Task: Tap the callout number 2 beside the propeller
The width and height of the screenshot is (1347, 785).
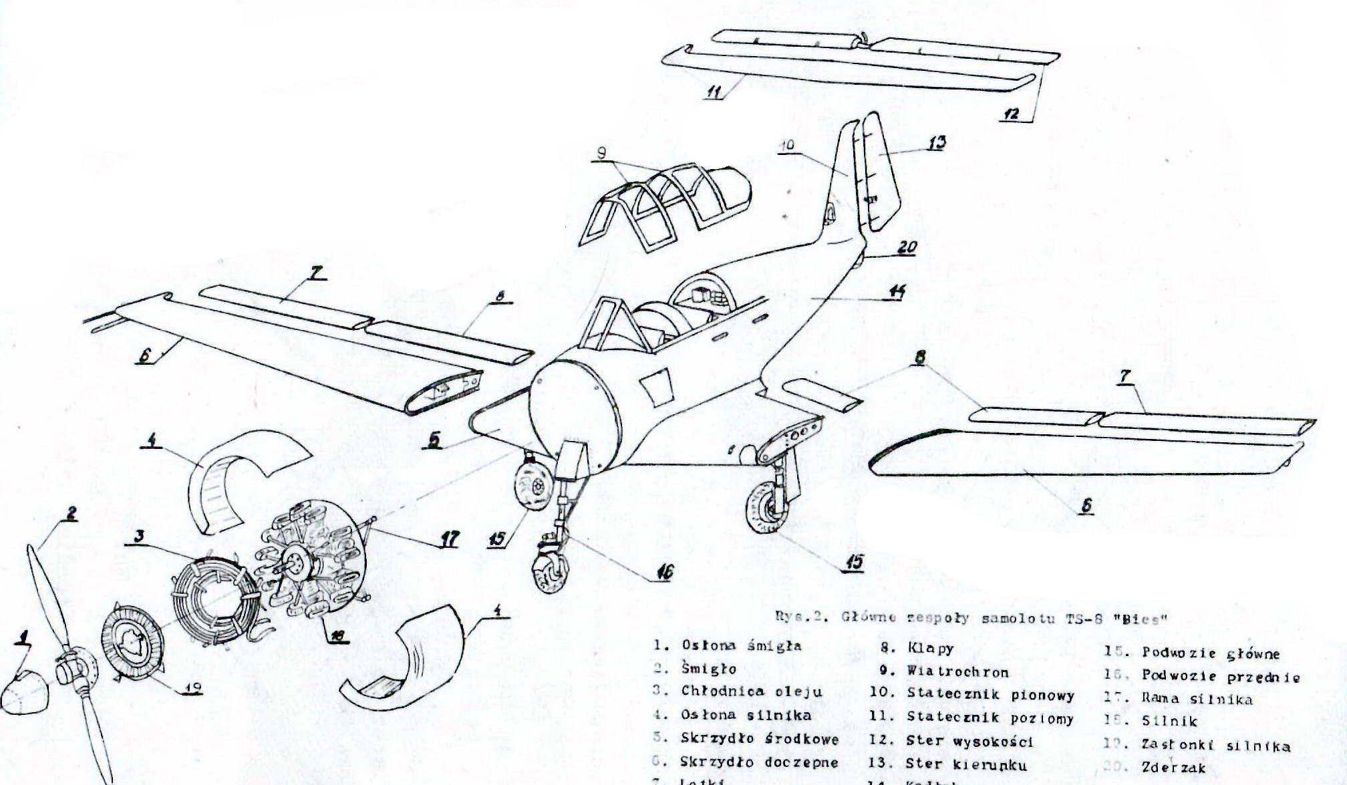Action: [70, 513]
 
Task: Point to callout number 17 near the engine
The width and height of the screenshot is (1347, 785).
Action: [449, 539]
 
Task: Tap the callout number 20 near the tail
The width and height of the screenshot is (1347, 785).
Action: [907, 247]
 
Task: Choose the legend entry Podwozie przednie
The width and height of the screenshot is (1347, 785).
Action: [1221, 677]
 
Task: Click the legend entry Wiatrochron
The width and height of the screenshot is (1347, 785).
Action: [957, 671]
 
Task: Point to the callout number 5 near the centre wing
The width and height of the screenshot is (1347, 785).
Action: [435, 441]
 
